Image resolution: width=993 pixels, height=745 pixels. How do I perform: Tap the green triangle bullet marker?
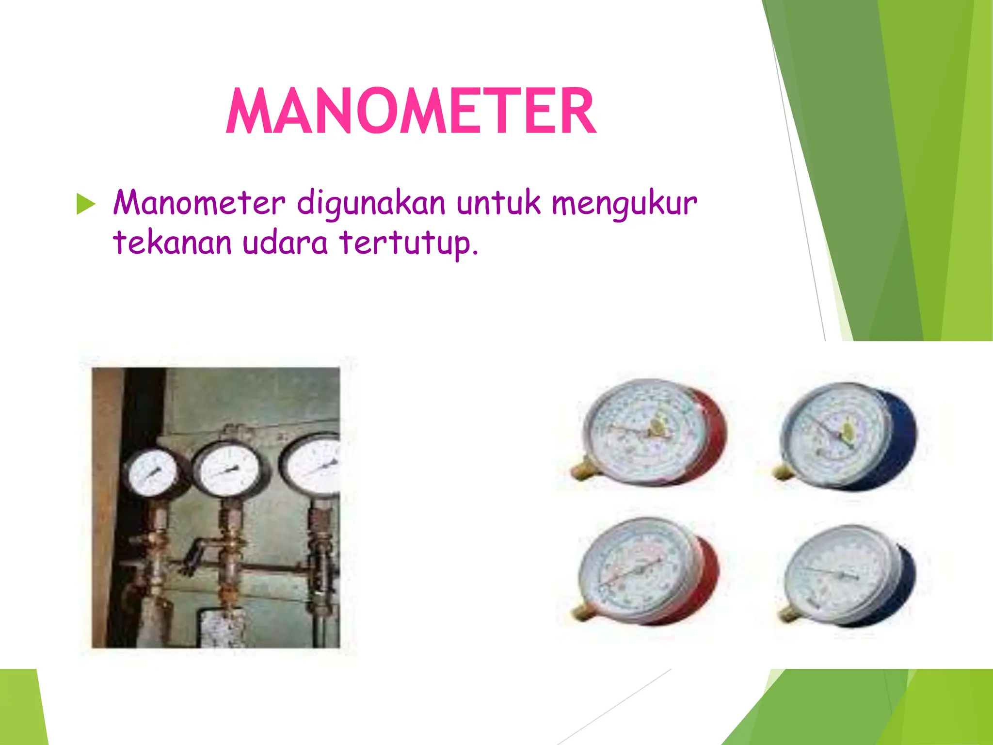[86, 204]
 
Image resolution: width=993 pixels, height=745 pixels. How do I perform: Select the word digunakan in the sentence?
[371, 203]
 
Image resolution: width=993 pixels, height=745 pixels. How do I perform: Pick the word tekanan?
[172, 242]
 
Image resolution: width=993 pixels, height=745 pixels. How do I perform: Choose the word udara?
[285, 242]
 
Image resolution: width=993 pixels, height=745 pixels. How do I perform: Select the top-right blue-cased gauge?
[846, 434]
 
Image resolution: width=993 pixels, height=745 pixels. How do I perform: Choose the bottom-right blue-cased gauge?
[846, 575]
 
